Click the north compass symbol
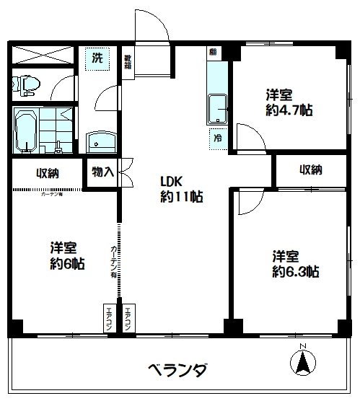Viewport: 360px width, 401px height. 304,363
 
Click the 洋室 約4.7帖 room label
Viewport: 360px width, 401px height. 288,103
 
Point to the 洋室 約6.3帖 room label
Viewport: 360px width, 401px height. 295,264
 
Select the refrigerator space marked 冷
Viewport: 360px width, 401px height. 216,136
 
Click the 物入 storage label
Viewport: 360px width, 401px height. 102,172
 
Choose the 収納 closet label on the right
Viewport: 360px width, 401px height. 311,170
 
